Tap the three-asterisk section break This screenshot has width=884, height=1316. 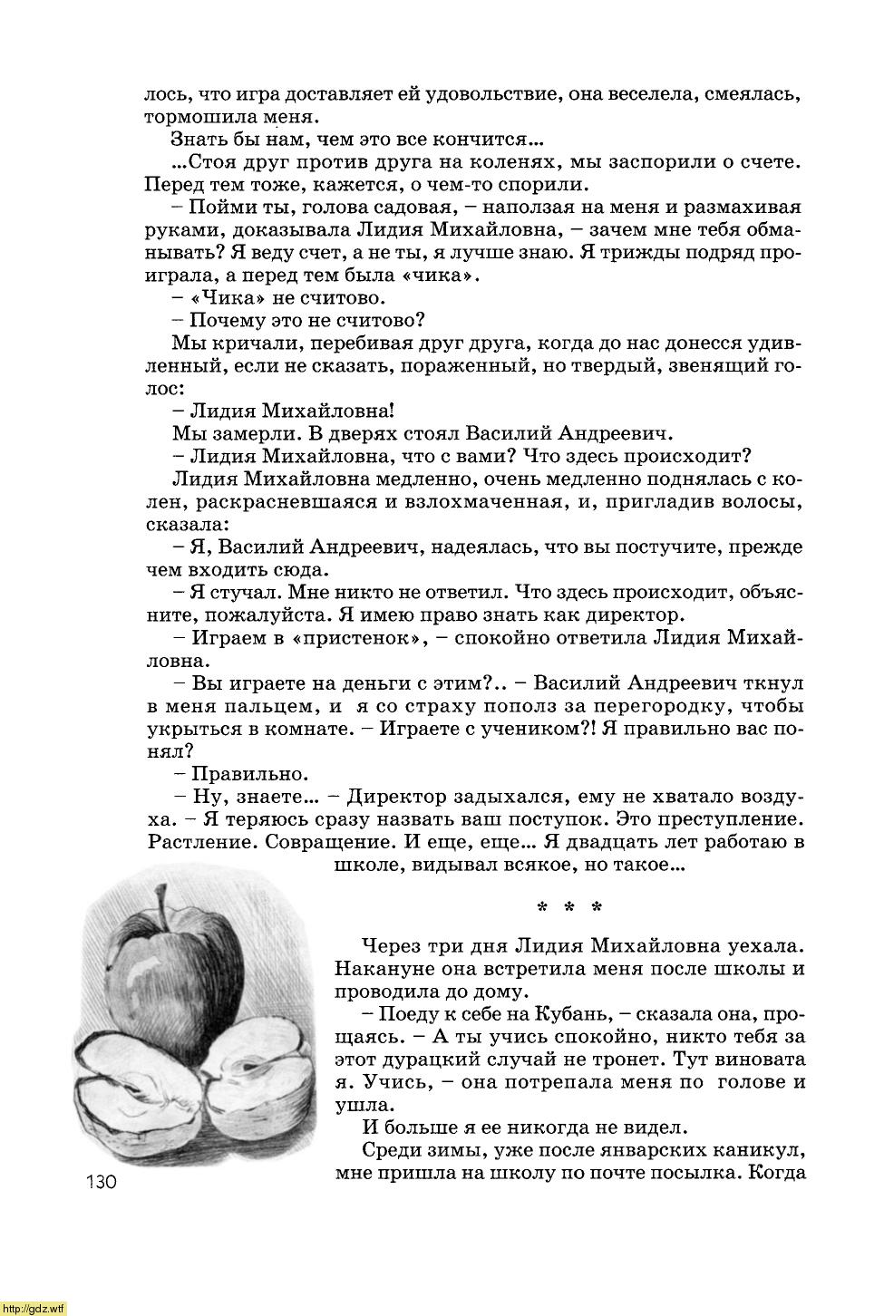coord(569,907)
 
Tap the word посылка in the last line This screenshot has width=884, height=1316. coord(680,1173)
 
